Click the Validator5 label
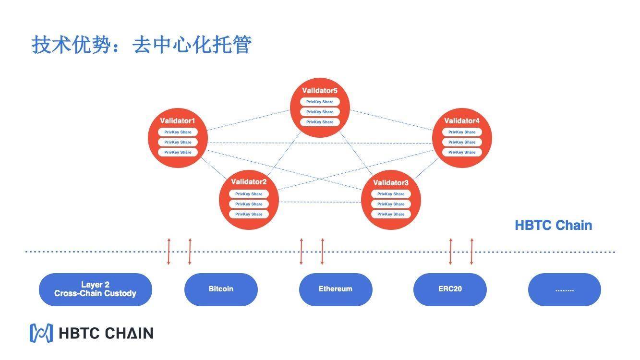pos(320,91)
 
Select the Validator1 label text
pos(178,121)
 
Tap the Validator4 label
pos(462,121)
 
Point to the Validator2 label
pos(249,182)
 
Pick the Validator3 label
pos(391,183)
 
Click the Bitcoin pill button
pos(221,289)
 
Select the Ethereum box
pos(336,289)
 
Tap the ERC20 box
pos(450,289)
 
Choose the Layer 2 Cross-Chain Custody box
pos(95,289)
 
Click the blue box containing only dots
pos(564,289)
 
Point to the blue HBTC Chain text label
pos(553,225)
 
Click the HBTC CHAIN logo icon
pos(41,333)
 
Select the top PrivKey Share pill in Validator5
pos(320,102)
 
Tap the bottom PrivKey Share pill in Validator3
pos(391,214)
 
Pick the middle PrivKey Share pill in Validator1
pos(178,142)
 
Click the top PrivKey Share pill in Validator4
pos(462,132)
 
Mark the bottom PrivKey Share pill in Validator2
pos(249,214)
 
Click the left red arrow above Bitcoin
pos(169,251)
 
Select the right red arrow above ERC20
pos(471,251)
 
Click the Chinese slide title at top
pos(142,45)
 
